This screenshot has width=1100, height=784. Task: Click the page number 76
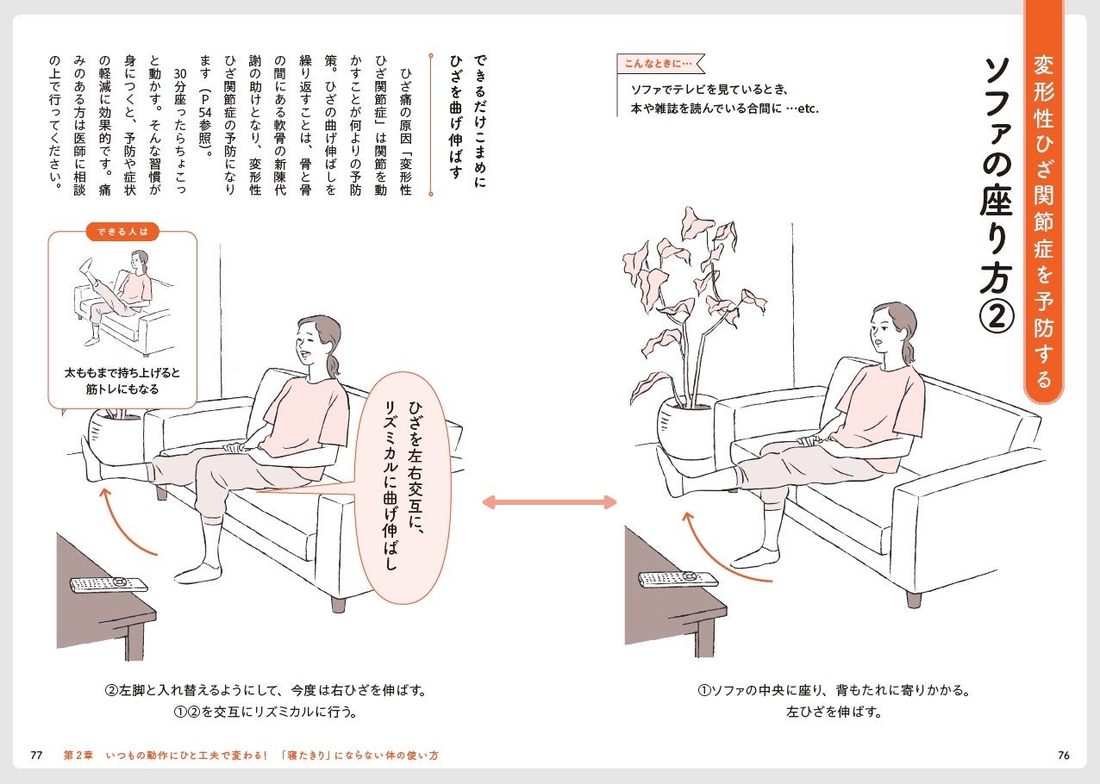tap(1063, 756)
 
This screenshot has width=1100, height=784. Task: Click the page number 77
tap(36, 756)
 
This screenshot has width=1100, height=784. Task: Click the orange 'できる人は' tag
tap(122, 231)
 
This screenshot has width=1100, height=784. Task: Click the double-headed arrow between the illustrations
tap(549, 502)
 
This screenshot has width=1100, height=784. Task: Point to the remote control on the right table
tap(678, 579)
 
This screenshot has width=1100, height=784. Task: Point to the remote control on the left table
tap(109, 584)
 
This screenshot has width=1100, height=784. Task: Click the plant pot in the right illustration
tap(684, 426)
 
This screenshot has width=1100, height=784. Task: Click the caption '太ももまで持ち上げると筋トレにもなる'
tap(122, 382)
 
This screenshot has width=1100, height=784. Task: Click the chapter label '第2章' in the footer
tap(80, 756)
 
